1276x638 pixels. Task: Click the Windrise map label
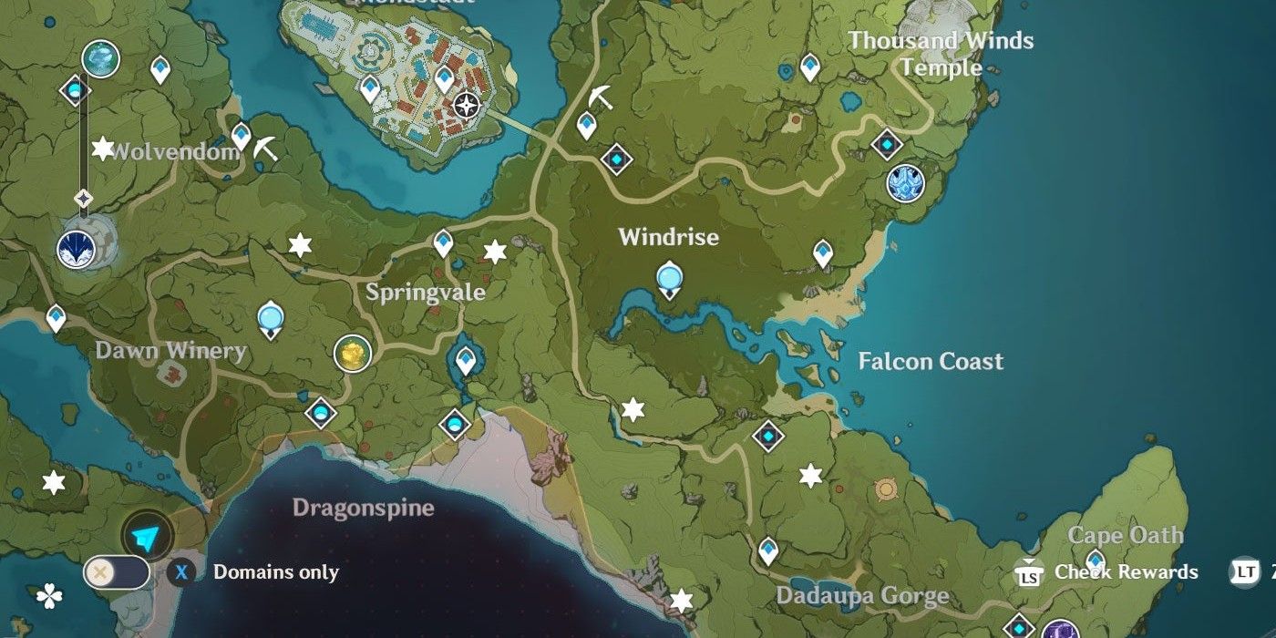[x=668, y=237]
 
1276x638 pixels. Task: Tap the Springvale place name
[x=425, y=293]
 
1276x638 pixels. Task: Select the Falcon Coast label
[x=930, y=361]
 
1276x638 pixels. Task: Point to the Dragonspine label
[x=363, y=508]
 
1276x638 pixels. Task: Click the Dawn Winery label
[x=170, y=351]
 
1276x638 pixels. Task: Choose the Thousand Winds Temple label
[x=941, y=54]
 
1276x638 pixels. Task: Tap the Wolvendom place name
[x=174, y=151]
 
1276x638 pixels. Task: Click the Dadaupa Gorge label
[x=862, y=597]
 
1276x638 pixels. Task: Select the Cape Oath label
[x=1125, y=535]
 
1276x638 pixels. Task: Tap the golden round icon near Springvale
[x=352, y=354]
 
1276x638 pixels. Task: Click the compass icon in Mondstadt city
[x=467, y=106]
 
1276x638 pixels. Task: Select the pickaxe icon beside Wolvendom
[x=265, y=149]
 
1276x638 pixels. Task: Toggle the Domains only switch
[x=116, y=572]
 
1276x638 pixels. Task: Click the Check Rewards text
[x=1126, y=571]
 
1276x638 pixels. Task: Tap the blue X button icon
[x=181, y=572]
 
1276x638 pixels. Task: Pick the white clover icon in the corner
[x=48, y=597]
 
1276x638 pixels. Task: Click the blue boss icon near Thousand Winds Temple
[x=905, y=183]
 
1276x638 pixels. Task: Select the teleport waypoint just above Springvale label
[x=443, y=243]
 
